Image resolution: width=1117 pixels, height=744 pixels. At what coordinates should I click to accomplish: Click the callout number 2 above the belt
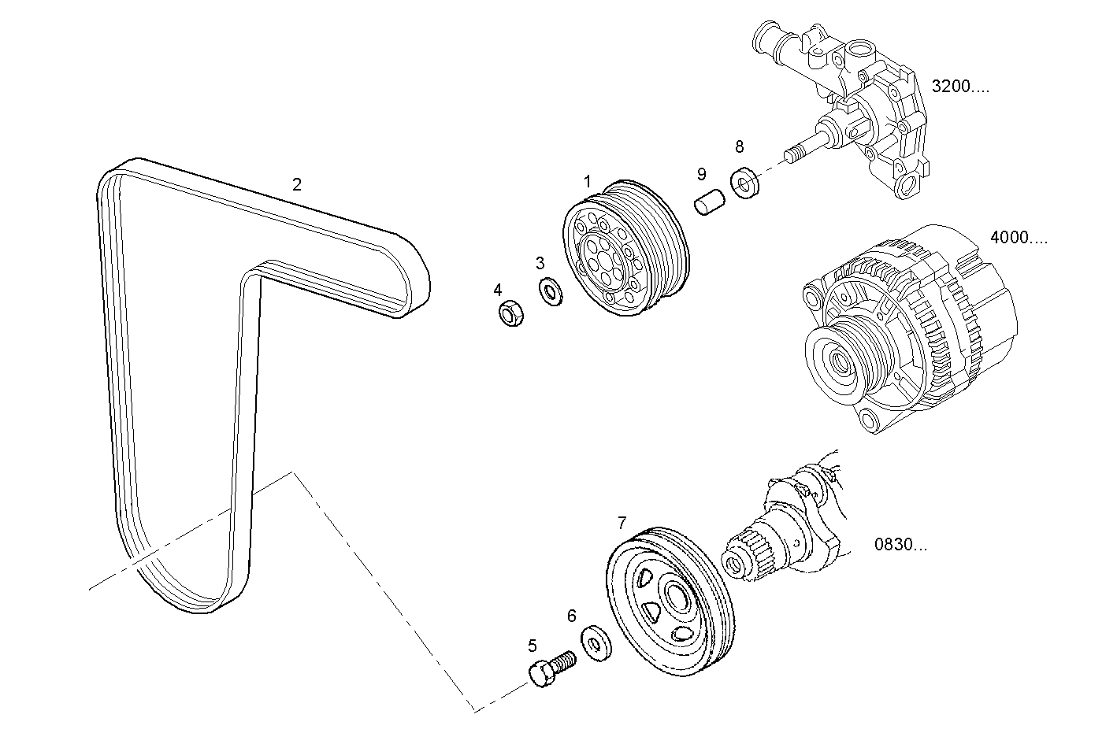(x=296, y=185)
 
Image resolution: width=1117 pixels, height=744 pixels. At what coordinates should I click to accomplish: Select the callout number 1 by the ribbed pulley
(x=587, y=182)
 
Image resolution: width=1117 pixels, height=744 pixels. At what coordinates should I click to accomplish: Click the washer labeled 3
(x=550, y=291)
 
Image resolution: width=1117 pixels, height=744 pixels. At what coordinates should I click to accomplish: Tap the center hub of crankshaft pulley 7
(x=676, y=598)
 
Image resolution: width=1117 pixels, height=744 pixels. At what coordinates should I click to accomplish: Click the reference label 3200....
(x=959, y=87)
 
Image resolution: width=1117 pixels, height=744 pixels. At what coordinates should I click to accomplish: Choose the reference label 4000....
(x=1018, y=238)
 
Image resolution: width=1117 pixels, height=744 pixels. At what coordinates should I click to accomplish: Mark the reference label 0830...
(x=900, y=544)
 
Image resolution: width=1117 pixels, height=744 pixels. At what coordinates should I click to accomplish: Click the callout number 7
(x=622, y=523)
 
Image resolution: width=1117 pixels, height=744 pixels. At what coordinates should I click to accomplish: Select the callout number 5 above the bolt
(x=533, y=646)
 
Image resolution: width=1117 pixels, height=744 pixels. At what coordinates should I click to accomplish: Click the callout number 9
(x=701, y=175)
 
